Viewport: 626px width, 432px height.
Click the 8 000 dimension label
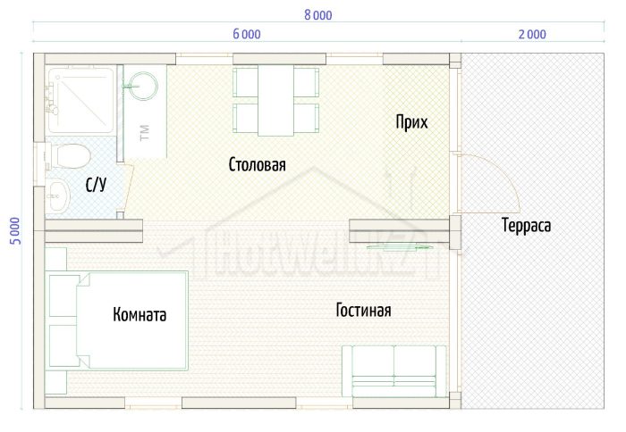tap(317, 15)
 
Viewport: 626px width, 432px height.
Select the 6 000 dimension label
tap(247, 34)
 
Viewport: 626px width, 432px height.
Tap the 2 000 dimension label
tap(532, 34)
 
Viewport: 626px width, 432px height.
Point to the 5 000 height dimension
tap(15, 231)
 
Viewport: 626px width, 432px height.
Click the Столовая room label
tap(258, 164)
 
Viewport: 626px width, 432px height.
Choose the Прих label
tap(411, 122)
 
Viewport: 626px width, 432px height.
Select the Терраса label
tap(526, 226)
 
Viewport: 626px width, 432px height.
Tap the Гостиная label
tap(363, 310)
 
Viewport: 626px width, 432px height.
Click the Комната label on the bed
tap(140, 315)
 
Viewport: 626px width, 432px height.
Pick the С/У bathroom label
tap(97, 185)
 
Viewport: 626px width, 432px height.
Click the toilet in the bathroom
tap(67, 156)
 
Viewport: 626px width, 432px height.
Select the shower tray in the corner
tap(80, 100)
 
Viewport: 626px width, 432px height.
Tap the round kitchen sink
tap(143, 86)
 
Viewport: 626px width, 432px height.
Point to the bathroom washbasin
tap(58, 195)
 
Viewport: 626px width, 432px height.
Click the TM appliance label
tap(145, 133)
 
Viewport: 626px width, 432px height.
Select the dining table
tap(275, 101)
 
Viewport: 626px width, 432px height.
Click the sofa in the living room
tap(394, 371)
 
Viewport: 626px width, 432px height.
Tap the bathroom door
tap(128, 187)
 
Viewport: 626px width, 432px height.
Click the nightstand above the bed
tap(55, 259)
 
